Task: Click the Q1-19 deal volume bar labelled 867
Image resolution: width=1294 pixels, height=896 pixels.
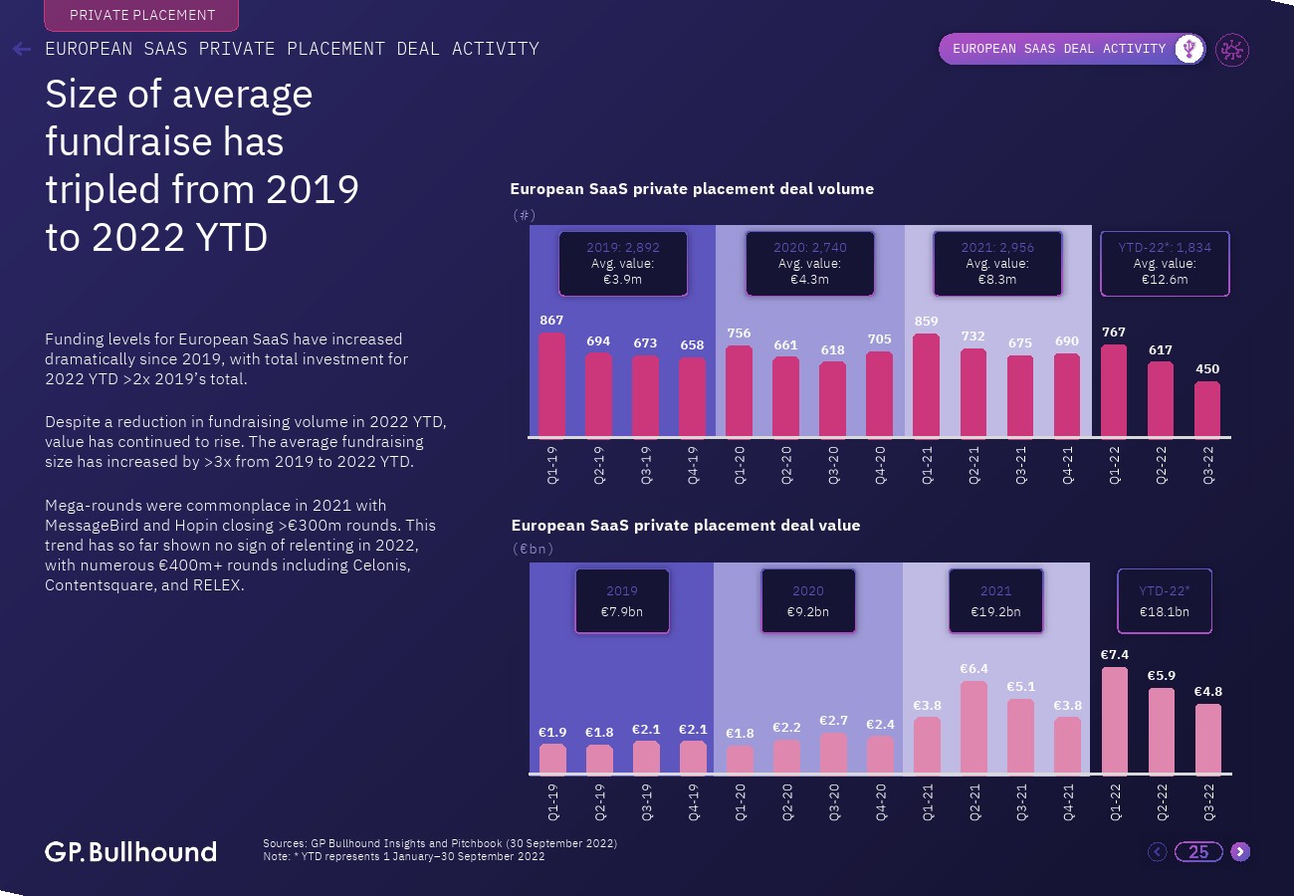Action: [551, 385]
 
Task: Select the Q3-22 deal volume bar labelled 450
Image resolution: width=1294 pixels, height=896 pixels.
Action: [1207, 409]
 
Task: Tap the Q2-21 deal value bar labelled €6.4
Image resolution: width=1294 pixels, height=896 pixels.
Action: [973, 728]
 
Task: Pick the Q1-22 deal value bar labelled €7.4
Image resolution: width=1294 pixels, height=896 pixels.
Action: [1115, 721]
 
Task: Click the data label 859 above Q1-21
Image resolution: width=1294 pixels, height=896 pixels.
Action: [926, 322]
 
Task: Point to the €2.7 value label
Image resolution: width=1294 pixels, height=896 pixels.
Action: [833, 720]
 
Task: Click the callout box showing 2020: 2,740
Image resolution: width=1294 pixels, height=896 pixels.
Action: [809, 264]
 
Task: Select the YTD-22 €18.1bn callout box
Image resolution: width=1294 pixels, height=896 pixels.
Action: [1164, 601]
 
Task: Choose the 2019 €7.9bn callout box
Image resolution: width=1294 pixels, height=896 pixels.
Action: [622, 601]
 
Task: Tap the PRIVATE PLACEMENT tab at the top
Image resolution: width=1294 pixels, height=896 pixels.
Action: [142, 15]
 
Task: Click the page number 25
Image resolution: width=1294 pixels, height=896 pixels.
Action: [1198, 851]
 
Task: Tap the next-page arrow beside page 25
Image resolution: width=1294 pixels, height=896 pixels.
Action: [1239, 851]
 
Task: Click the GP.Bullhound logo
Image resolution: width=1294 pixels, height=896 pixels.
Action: [130, 851]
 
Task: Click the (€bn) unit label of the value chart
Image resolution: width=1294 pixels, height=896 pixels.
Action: [533, 549]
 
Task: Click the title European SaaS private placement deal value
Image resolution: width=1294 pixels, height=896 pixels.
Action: [685, 526]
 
